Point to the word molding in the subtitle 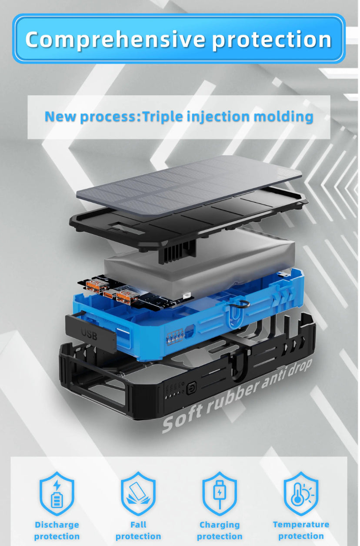pos(283,117)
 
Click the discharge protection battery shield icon pos(57,493)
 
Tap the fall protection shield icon pos(138,493)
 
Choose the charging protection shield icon pos(220,493)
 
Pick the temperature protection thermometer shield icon pos(301,493)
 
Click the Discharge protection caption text pos(57,530)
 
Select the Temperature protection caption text pos(301,530)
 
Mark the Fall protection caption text pos(138,530)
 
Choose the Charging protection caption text pos(220,530)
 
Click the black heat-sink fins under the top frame pos(177,251)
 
